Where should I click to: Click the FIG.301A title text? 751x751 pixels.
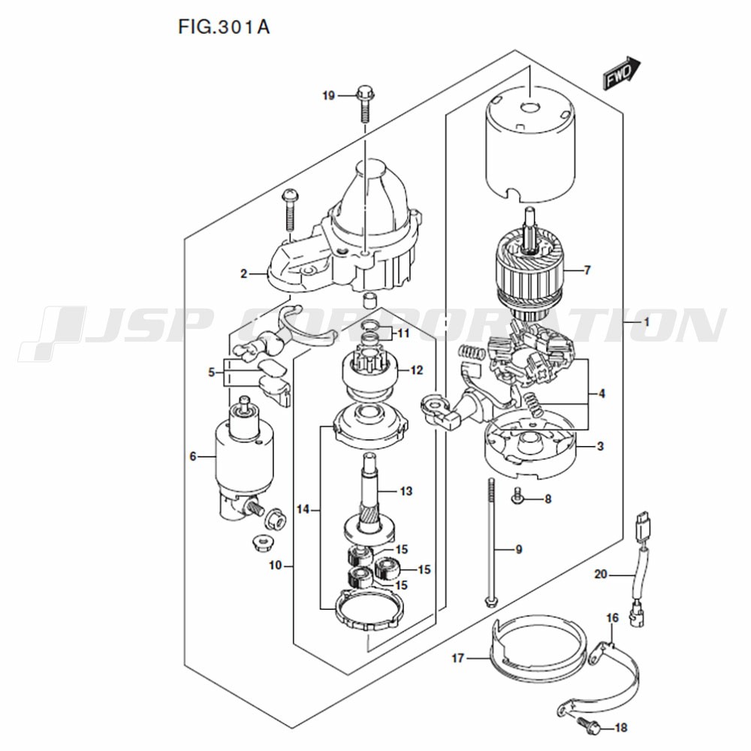coord(224,27)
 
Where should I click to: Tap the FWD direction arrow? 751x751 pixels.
coord(621,74)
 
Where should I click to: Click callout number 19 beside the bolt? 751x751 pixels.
coord(328,96)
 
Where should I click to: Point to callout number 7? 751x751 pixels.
coord(587,270)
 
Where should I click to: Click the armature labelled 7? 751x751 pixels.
coord(531,270)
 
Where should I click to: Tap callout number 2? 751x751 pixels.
coord(244,274)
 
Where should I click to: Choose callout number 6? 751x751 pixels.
coord(192,457)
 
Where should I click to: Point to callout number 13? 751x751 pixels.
coord(406,491)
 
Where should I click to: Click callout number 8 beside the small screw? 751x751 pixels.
coord(548,499)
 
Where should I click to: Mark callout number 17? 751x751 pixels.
coord(458,658)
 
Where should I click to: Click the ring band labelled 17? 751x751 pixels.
coord(538,646)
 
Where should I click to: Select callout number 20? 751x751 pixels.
coord(601,574)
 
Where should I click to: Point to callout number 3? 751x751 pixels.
coord(600,446)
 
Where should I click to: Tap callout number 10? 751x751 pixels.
coord(276,566)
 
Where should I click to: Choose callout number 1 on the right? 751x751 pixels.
coord(646,322)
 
